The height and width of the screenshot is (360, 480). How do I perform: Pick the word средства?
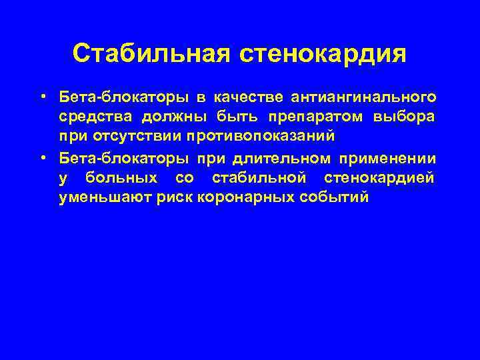[96, 117]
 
